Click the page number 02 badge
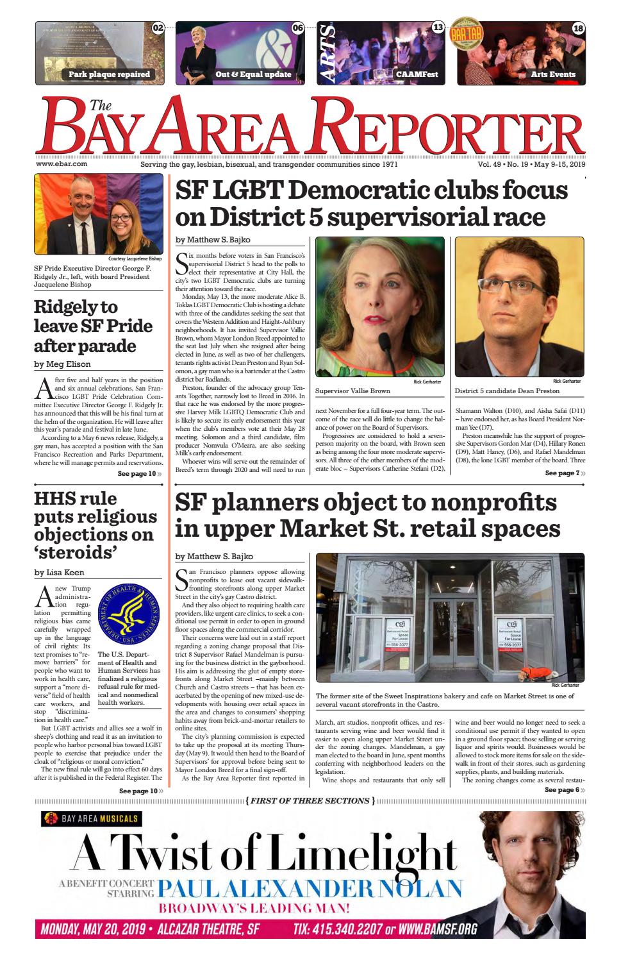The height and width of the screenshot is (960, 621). point(158,28)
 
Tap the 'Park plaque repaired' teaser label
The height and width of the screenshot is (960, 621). point(109,74)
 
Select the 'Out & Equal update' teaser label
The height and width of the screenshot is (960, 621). point(253,74)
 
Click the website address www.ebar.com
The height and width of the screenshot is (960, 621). point(62,164)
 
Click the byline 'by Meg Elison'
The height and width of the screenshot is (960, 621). point(62,364)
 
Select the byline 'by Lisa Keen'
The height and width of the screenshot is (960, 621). point(59,572)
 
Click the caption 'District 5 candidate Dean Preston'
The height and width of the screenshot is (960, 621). point(507,391)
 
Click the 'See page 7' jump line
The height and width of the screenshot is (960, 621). point(565,473)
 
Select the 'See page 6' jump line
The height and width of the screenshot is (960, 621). point(564,790)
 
